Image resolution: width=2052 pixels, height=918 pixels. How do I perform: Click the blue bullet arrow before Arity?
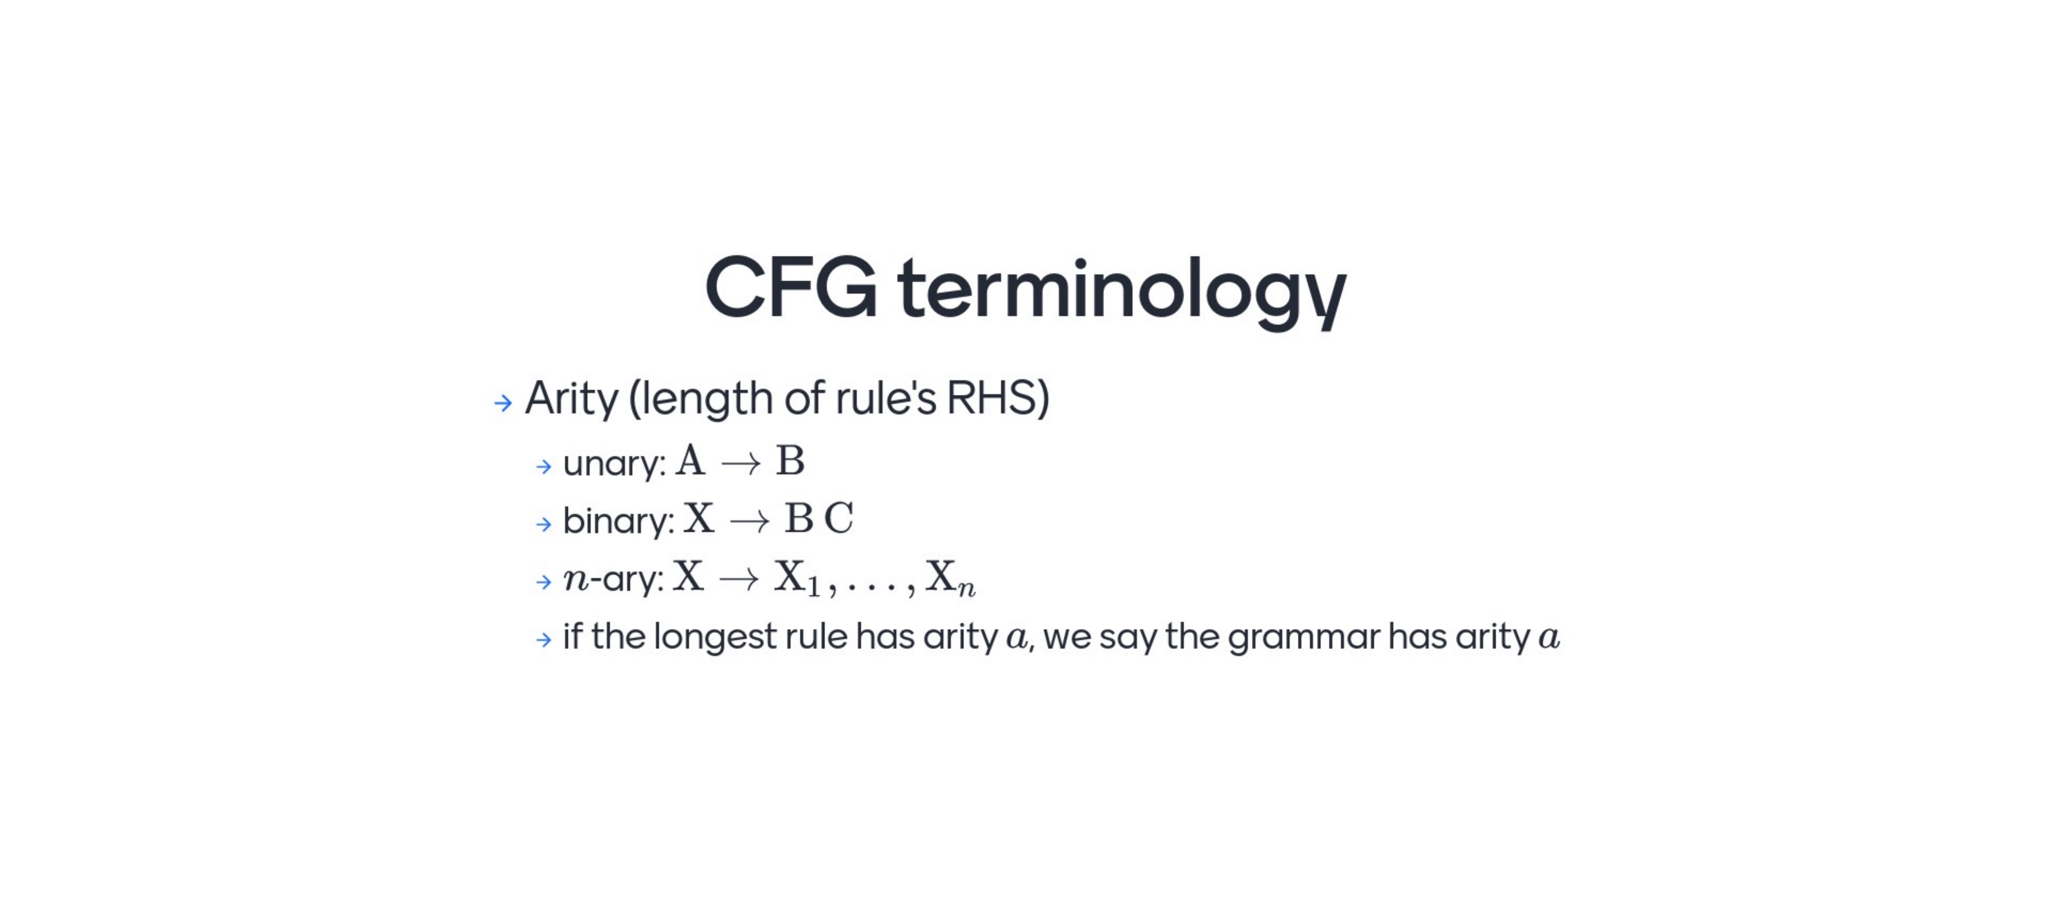pos(503,402)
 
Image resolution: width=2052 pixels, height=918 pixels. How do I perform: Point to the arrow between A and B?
pos(741,463)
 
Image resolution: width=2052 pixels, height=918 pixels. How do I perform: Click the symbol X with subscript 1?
pos(797,578)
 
